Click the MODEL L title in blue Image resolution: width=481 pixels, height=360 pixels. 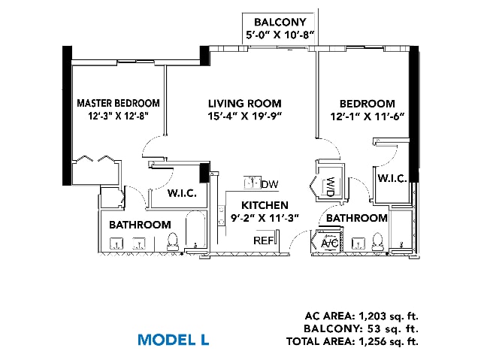pos(174,340)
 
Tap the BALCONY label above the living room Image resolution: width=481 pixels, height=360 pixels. pos(280,22)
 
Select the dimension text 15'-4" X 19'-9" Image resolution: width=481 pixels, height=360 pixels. pos(245,116)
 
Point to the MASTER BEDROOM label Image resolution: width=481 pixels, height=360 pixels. pos(118,103)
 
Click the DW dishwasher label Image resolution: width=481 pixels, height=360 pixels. pos(270,184)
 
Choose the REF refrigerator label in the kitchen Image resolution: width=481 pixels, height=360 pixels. pos(263,241)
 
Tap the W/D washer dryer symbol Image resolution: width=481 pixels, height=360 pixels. pos(329,186)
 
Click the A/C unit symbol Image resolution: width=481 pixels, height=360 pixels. pos(329,244)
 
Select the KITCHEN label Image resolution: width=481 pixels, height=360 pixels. pos(265,205)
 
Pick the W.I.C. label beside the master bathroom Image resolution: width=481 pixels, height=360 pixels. pos(182,193)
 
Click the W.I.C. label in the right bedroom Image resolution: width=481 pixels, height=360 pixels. pos(392,178)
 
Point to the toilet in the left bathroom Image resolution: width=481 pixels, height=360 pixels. pos(172,241)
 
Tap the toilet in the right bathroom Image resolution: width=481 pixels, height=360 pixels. pos(377,242)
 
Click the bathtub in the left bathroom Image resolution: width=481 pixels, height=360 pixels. pos(195,229)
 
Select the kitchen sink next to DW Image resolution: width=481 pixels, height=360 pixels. pos(253,183)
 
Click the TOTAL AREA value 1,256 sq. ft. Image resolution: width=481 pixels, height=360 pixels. pos(389,341)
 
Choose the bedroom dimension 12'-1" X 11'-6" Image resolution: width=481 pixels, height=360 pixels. pos(368,116)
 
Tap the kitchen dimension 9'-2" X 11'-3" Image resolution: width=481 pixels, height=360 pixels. pos(265,218)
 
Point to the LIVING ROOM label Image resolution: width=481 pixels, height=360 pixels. pos(245,103)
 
